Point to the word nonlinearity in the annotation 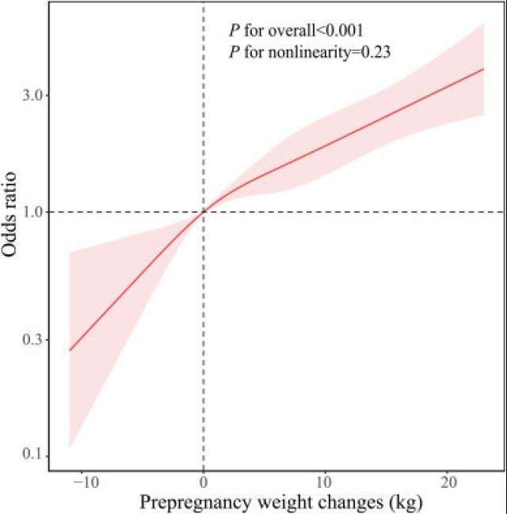(x=312, y=52)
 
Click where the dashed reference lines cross (x=204, y=212)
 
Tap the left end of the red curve (x=70, y=350)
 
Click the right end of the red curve (x=484, y=69)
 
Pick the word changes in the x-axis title (x=341, y=502)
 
